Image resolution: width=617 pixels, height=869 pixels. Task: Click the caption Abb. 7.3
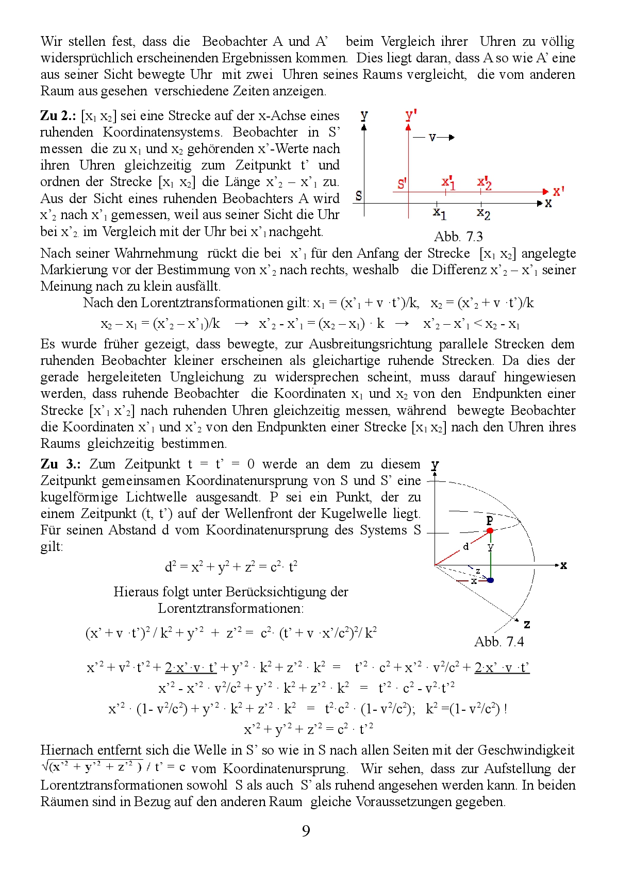pyautogui.click(x=458, y=237)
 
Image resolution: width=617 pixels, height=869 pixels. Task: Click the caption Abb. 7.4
pyautogui.click(x=498, y=642)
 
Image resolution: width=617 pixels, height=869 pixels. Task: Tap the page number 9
pyautogui.click(x=306, y=831)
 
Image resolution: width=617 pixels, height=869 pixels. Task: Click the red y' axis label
pyautogui.click(x=410, y=114)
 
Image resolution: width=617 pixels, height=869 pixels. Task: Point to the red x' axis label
pyautogui.click(x=558, y=191)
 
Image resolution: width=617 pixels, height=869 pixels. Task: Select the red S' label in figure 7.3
pyautogui.click(x=402, y=184)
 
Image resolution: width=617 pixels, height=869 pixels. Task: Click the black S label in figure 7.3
pyautogui.click(x=359, y=196)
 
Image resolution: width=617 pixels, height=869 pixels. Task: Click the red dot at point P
pyautogui.click(x=490, y=530)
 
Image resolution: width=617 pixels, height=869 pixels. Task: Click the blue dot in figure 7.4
pyautogui.click(x=490, y=580)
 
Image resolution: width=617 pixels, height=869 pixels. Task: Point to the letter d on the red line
pyautogui.click(x=465, y=546)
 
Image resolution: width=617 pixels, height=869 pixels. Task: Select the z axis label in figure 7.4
pyautogui.click(x=527, y=624)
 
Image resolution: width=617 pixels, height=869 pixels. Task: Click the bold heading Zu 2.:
pyautogui.click(x=58, y=115)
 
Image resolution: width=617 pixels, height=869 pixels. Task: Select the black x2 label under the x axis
pyautogui.click(x=483, y=213)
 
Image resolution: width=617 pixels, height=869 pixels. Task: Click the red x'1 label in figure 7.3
pyautogui.click(x=448, y=182)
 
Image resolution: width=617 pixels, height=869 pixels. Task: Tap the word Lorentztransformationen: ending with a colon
pyautogui.click(x=230, y=608)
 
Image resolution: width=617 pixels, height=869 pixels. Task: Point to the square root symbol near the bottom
pyautogui.click(x=45, y=766)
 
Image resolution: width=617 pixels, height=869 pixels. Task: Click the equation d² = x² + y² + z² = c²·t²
pyautogui.click(x=230, y=566)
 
